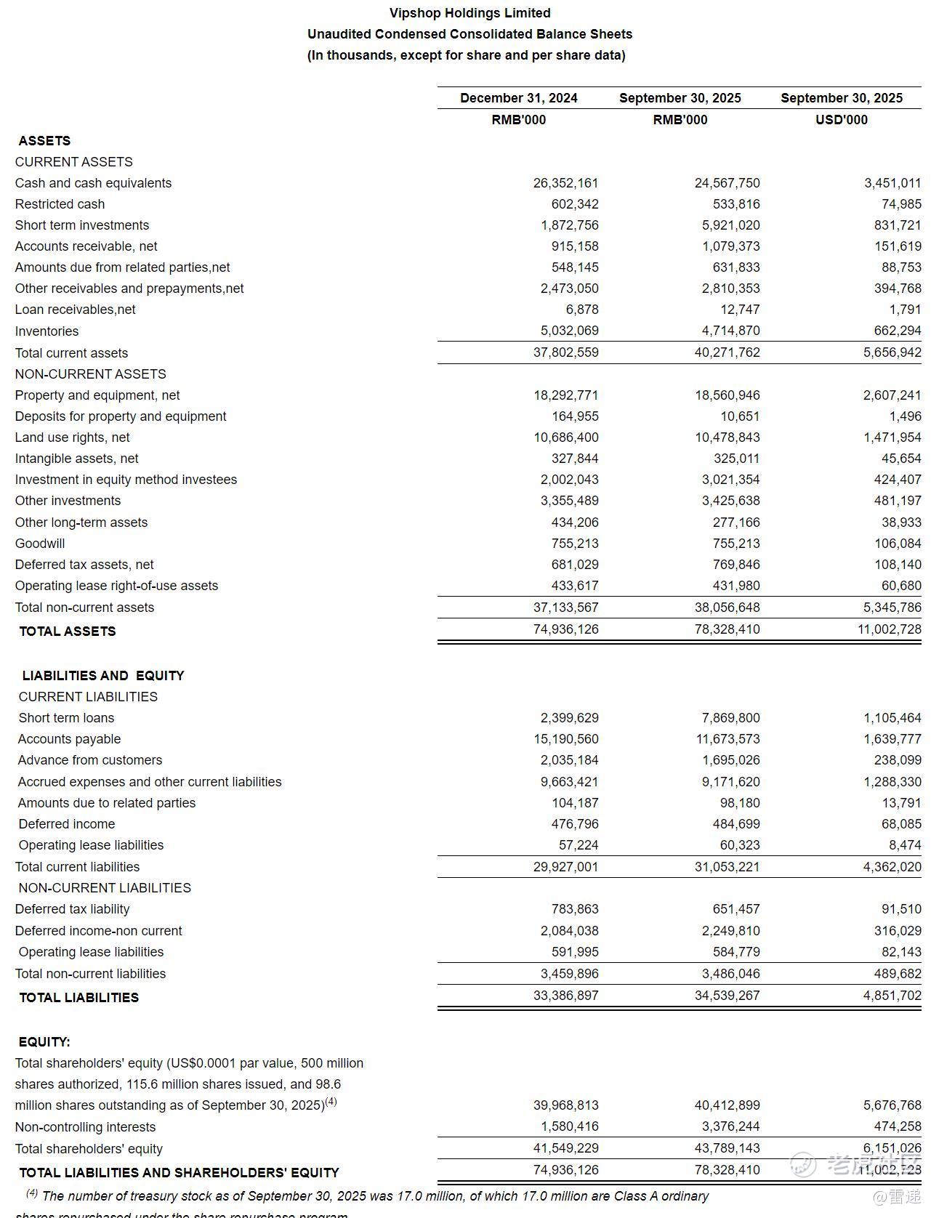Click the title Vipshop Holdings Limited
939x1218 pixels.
[x=469, y=13]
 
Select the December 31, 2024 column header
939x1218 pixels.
[x=518, y=98]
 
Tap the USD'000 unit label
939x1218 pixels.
[x=841, y=120]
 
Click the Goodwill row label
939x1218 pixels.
[x=40, y=544]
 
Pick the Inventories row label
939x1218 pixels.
[x=47, y=331]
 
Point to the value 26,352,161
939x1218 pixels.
[x=565, y=183]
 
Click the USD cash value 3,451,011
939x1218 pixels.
[x=892, y=183]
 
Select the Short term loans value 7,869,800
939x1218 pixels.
[x=730, y=718]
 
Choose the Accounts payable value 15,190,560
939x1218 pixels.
[x=565, y=739]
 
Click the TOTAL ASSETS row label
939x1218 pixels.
[x=68, y=632]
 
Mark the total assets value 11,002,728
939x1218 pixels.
[x=889, y=629]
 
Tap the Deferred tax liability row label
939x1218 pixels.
[x=72, y=909]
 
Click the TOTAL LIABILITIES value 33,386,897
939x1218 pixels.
[x=565, y=996]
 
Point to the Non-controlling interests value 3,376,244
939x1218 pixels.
[x=727, y=1126]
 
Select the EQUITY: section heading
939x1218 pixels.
[x=44, y=1042]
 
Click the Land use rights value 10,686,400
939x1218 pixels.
[x=565, y=437]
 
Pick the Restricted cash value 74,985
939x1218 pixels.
[x=901, y=204]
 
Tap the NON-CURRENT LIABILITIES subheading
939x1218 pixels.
[x=105, y=888]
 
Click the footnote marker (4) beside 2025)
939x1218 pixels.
[x=331, y=1102]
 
